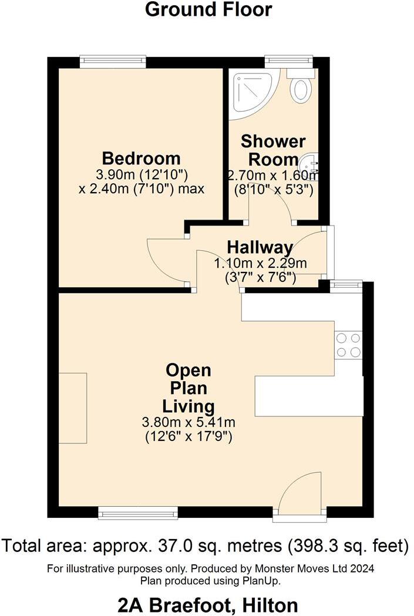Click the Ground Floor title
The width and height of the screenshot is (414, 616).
(x=208, y=9)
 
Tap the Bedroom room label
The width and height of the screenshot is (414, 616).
(x=141, y=158)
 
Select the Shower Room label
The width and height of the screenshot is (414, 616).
(x=273, y=150)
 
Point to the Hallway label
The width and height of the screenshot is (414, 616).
(x=260, y=247)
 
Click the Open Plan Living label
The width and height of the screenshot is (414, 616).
(x=188, y=388)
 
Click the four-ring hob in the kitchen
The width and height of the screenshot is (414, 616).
(x=348, y=345)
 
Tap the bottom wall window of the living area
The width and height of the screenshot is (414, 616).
(x=137, y=514)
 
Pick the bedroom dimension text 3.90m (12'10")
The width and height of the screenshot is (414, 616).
(x=141, y=174)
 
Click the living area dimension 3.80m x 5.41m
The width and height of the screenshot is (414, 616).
(x=188, y=422)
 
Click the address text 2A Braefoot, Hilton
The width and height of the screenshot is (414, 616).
(x=208, y=604)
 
